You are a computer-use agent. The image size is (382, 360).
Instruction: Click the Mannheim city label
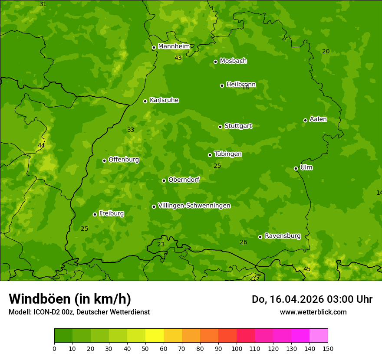pos(174,46)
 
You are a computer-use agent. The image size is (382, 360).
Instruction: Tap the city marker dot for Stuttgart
pos(220,127)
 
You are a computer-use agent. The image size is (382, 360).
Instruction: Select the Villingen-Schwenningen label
pos(194,206)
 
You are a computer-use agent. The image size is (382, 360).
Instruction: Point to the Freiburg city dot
pos(95,214)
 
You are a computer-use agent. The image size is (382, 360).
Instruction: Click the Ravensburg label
pos(282,236)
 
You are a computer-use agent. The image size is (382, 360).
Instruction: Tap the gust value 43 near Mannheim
pos(178,58)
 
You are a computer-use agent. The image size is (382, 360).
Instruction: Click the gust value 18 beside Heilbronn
pos(245,88)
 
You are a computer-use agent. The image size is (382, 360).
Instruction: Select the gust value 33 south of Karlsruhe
pos(131,130)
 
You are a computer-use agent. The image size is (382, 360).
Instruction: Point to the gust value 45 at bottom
pos(307,269)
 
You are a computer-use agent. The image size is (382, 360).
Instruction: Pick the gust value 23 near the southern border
pos(161,244)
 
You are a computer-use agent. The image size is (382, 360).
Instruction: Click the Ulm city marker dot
pos(296,168)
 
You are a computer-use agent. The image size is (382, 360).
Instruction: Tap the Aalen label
pos(318,119)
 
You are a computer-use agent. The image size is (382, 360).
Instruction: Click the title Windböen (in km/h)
pos(70,299)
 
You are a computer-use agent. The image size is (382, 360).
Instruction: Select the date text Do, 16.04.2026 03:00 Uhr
pos(312,299)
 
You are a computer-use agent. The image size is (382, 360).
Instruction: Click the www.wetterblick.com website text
pos(313,312)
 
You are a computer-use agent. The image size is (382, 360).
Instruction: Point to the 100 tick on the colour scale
pos(237,348)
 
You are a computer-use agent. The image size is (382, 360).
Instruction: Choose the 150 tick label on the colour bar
pos(328,348)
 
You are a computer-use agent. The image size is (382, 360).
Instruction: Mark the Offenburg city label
pos(124,160)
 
